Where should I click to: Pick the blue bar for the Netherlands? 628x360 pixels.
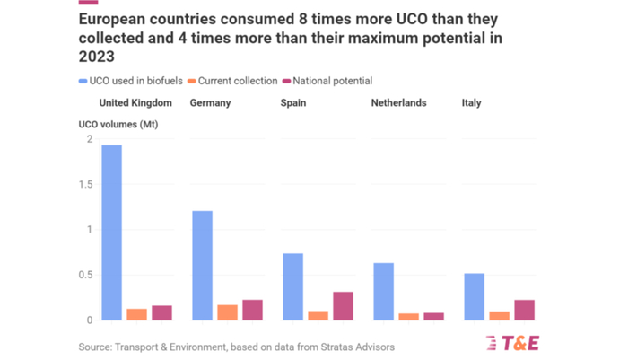pyautogui.click(x=383, y=291)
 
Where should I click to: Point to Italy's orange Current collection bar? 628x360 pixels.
pyautogui.click(x=499, y=315)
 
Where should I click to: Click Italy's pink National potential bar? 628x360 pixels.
pyautogui.click(x=524, y=310)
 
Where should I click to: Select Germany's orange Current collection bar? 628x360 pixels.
pyautogui.click(x=227, y=312)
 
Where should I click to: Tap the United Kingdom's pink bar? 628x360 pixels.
pyautogui.click(x=161, y=312)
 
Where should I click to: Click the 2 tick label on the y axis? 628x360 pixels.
pyautogui.click(x=89, y=138)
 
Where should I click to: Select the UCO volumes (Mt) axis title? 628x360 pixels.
pyautogui.click(x=112, y=125)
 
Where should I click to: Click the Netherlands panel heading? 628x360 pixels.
pyautogui.click(x=398, y=103)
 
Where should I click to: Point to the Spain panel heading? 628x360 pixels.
pyautogui.click(x=293, y=103)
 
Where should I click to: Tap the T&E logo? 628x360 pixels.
pyautogui.click(x=512, y=342)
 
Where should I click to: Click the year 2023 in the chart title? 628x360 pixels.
pyautogui.click(x=97, y=57)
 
